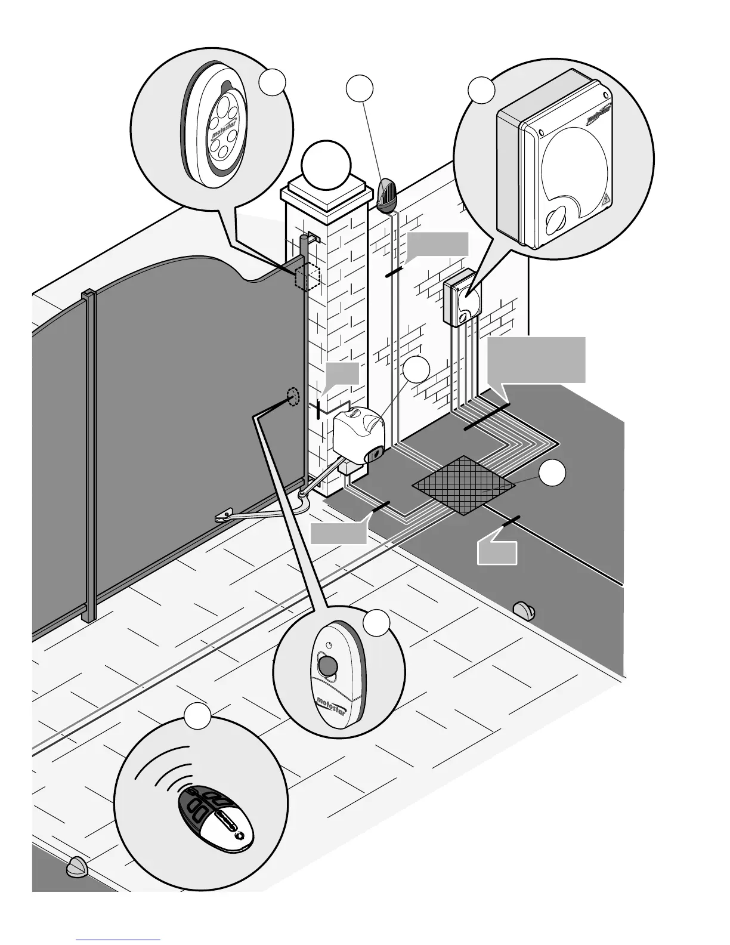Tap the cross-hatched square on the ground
pyautogui.click(x=463, y=486)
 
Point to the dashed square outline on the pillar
pyautogui.click(x=308, y=276)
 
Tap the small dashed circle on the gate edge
pyautogui.click(x=292, y=396)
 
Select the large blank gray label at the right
pyautogui.click(x=536, y=359)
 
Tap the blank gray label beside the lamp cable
pyautogui.click(x=437, y=244)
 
